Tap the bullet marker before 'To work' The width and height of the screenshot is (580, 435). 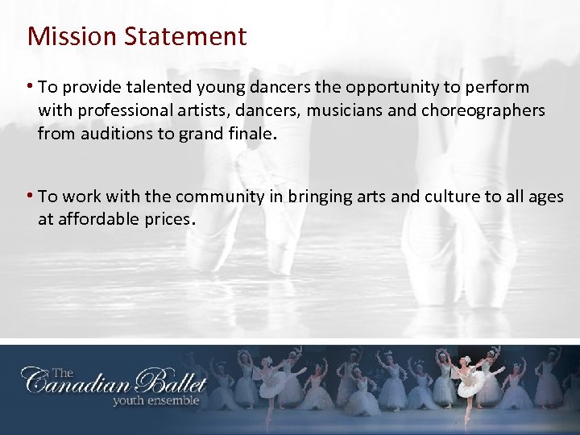point(31,196)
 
